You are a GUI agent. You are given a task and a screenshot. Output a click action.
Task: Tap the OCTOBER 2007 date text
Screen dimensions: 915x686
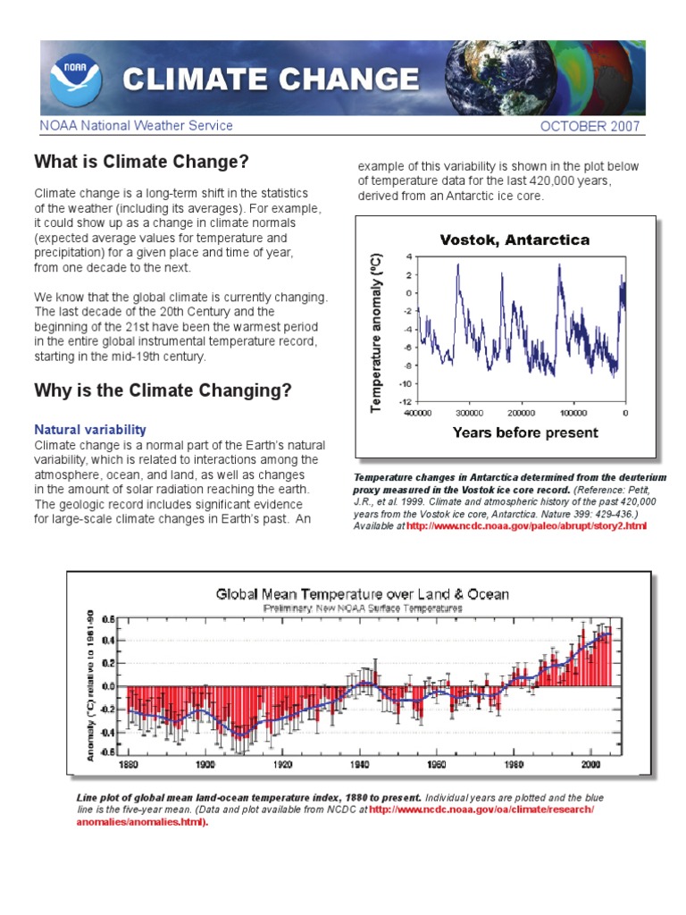[590, 126]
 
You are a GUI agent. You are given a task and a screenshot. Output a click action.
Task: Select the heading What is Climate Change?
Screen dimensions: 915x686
[140, 163]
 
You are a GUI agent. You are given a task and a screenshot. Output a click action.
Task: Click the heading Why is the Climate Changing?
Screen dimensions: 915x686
[162, 391]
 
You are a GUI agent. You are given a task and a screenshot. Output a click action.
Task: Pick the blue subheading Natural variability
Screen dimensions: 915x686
[90, 430]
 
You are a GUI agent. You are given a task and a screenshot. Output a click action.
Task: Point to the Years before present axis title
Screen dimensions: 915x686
[525, 433]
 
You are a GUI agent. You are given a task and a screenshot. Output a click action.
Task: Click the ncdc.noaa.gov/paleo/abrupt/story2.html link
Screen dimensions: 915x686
[525, 527]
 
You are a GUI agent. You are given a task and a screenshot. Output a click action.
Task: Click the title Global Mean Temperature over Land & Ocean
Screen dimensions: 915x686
[362, 593]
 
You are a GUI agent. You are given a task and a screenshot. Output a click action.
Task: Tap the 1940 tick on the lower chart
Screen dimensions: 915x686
[360, 765]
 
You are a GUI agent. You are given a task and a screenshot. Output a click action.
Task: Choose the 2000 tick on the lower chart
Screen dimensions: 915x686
[590, 765]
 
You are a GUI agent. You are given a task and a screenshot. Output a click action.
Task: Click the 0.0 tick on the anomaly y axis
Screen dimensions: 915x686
[109, 686]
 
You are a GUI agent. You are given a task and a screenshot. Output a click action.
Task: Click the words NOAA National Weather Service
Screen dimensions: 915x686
[136, 126]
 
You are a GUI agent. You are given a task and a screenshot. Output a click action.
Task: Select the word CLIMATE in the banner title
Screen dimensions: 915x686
[189, 80]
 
